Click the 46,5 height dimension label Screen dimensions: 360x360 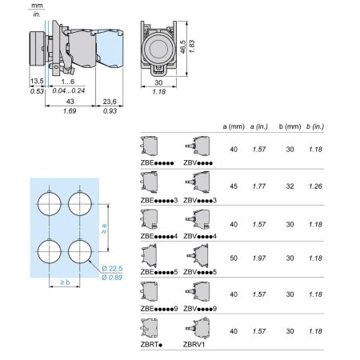coord(182,46)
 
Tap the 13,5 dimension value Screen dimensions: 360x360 coord(37,81)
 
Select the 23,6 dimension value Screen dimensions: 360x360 coord(110,102)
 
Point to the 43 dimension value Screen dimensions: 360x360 coord(70,102)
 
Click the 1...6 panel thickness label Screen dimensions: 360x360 coord(68,82)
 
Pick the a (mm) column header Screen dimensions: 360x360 coord(234,126)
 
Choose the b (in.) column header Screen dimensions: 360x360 coord(315,126)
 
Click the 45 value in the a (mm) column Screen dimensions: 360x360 coord(234,186)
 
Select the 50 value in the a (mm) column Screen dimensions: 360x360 coord(234,258)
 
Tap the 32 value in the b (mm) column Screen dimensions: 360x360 coord(290,186)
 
